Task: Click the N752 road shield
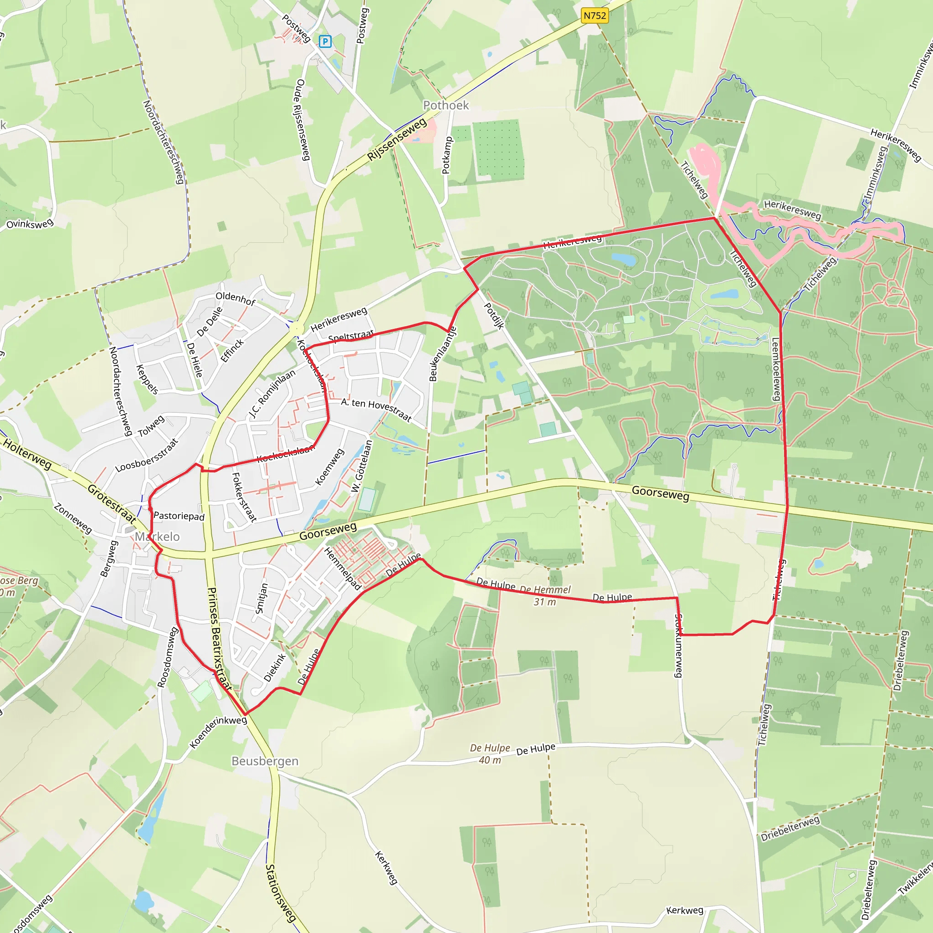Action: pos(595,15)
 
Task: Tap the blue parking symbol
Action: pos(325,41)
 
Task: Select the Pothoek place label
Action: pos(446,105)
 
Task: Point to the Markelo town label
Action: pos(157,537)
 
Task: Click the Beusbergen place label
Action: pos(265,761)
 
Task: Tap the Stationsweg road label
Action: pos(280,893)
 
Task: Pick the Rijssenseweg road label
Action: pos(397,139)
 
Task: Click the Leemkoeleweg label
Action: pos(776,369)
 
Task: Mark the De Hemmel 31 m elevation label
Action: pos(545,596)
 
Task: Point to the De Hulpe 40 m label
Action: pos(490,754)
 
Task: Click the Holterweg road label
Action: pos(27,453)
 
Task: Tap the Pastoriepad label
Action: pos(179,516)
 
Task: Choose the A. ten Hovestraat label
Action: pos(376,410)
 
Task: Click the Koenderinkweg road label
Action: pos(218,732)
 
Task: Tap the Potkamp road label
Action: pos(447,155)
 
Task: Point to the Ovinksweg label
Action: pos(30,224)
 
